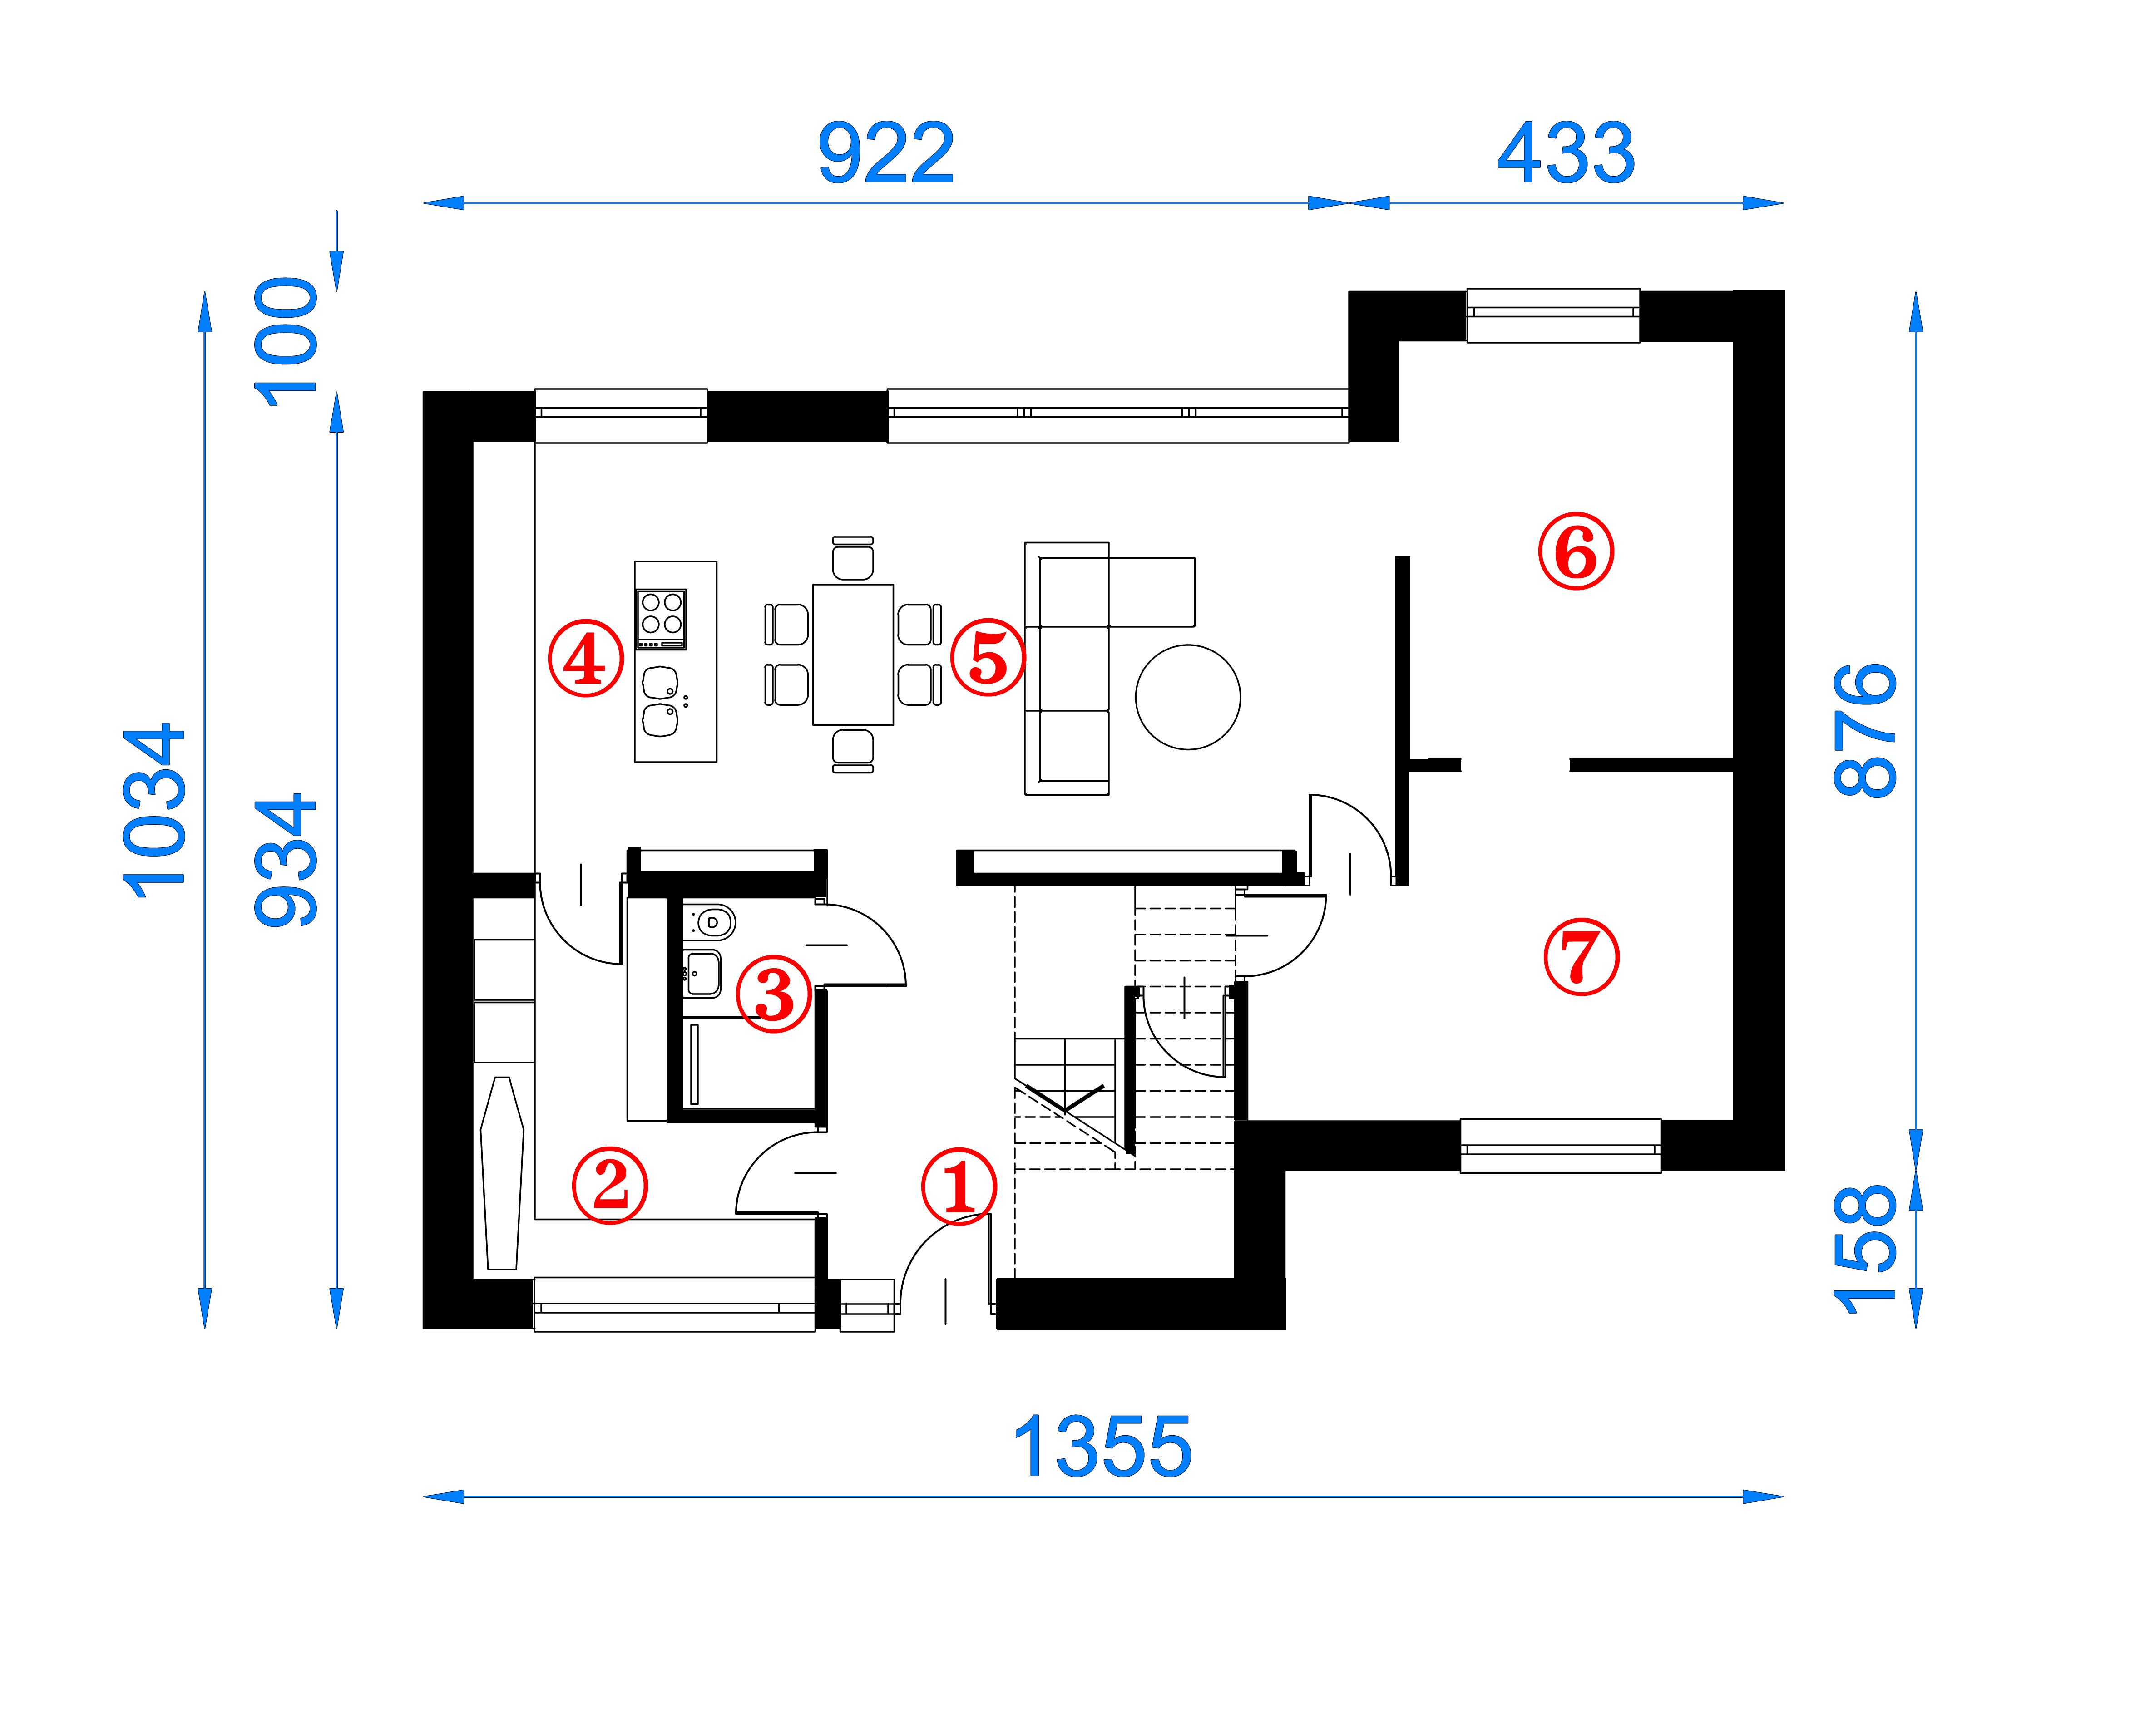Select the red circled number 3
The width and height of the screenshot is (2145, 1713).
coord(774,995)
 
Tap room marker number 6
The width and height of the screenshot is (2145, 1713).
coord(1576,551)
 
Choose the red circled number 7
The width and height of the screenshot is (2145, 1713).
coord(1581,957)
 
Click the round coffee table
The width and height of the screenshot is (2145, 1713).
coord(1188,697)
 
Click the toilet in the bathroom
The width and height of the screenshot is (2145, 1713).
coord(710,922)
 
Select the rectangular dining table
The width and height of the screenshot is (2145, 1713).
coord(853,655)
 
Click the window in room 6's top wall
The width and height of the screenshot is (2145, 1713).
coord(1553,315)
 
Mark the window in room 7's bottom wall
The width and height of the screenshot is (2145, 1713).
coord(1560,1146)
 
